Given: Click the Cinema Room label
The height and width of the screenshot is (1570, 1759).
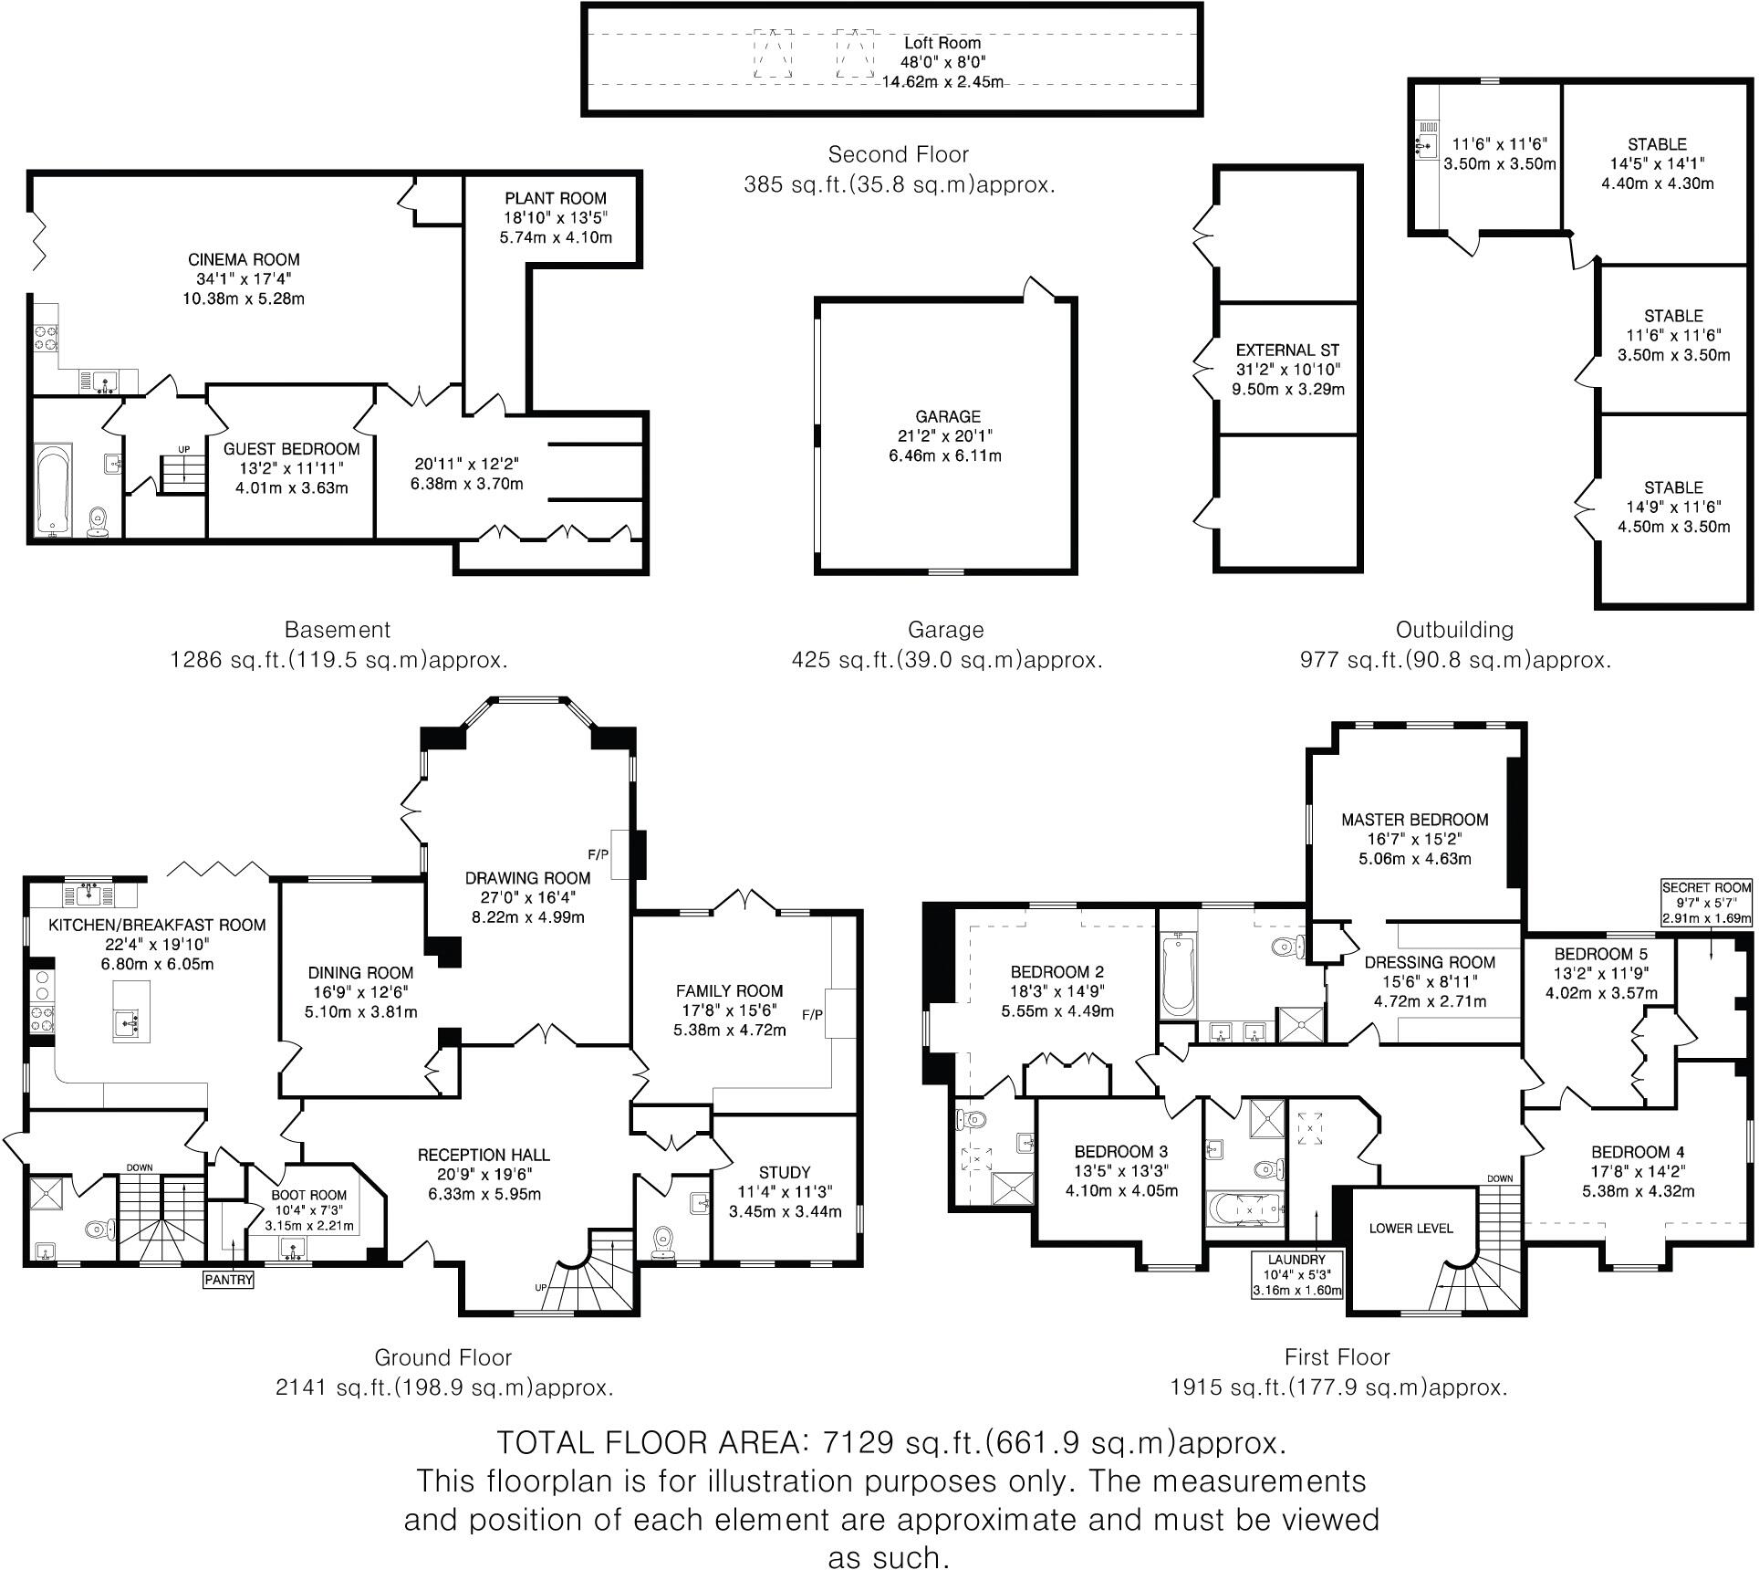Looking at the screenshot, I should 244,260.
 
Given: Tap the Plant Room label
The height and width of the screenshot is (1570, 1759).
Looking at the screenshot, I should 556,198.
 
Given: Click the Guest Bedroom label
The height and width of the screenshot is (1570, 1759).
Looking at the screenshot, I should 292,449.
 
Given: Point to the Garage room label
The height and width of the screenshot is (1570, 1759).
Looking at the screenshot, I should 948,416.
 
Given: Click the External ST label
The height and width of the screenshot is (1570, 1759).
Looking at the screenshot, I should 1287,351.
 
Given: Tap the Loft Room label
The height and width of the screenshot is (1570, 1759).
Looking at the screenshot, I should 942,43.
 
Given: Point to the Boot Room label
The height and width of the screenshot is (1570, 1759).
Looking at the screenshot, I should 309,1195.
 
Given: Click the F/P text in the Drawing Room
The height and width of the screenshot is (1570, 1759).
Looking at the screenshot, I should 598,855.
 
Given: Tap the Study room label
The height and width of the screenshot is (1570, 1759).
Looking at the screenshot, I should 785,1173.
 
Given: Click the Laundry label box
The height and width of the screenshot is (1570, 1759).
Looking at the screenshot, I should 1296,1274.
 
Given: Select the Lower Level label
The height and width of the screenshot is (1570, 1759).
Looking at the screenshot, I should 1410,1228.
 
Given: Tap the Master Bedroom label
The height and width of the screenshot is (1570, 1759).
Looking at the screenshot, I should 1414,820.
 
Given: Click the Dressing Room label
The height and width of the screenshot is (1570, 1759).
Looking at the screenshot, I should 1430,962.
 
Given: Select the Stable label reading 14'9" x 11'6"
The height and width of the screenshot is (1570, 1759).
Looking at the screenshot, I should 1673,487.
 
